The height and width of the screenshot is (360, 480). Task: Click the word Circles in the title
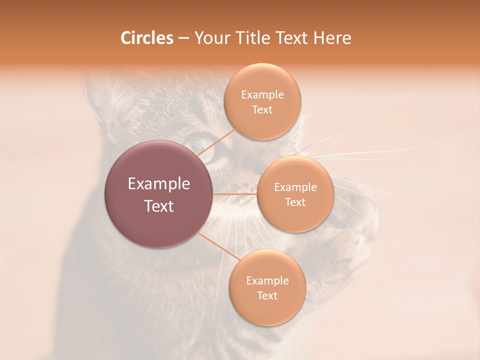tap(146, 38)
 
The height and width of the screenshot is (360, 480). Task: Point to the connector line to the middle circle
tap(235, 194)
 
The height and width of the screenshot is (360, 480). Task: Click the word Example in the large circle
tap(158, 184)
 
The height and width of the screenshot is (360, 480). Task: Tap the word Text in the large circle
tap(158, 206)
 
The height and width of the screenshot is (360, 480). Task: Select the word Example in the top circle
tap(262, 95)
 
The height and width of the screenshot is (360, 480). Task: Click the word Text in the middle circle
tap(295, 202)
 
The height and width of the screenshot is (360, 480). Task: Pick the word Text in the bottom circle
tap(267, 296)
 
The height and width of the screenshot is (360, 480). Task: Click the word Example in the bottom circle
tap(267, 281)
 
